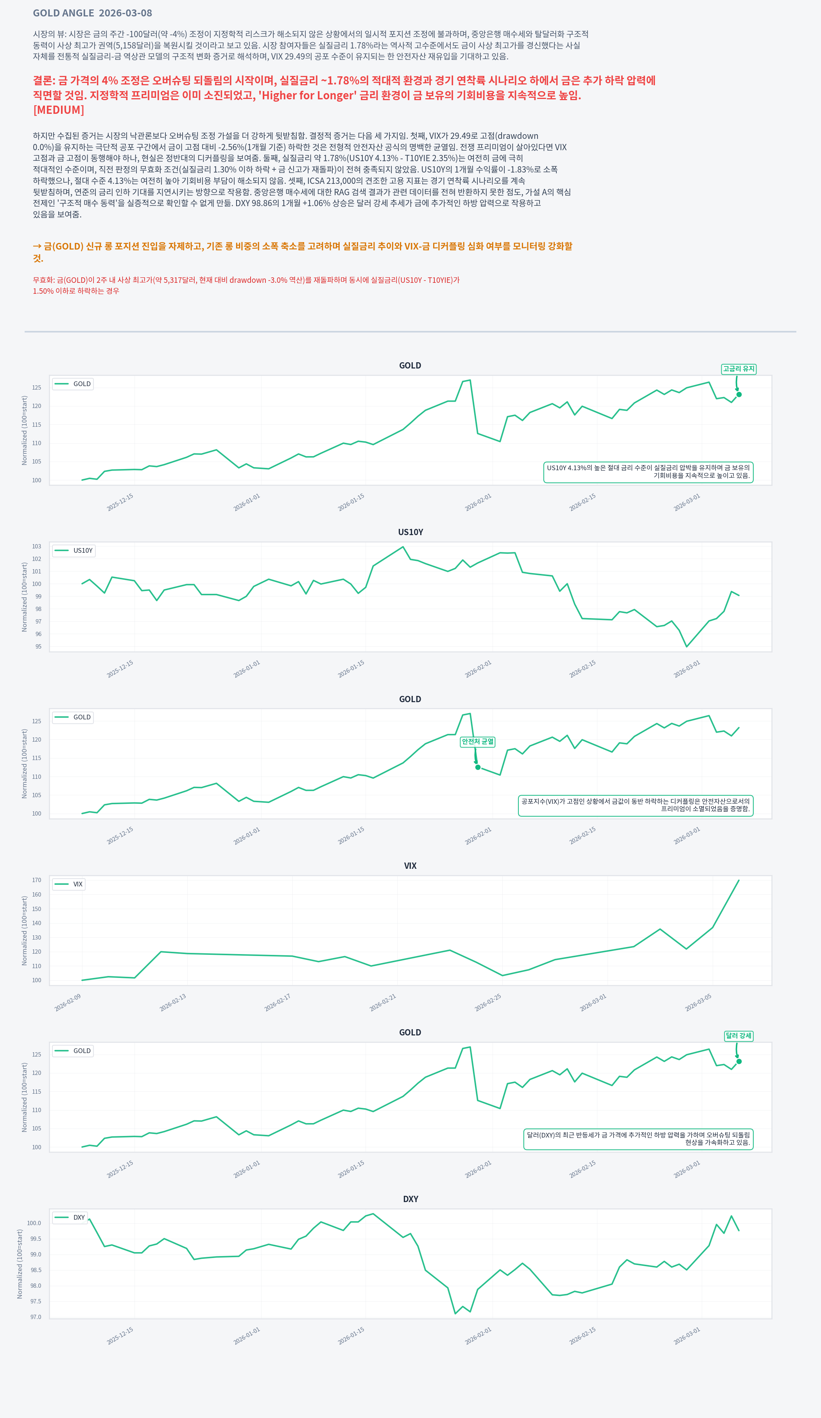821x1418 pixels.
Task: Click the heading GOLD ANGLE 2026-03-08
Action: [92, 13]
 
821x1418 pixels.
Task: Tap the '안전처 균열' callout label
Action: [477, 742]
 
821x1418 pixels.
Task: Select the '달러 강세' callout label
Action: [739, 1036]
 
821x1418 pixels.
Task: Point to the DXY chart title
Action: [410, 1199]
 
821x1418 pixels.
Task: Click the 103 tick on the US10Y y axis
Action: [36, 546]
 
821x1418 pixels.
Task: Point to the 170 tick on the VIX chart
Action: [36, 880]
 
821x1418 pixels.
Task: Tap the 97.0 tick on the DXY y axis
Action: [36, 1317]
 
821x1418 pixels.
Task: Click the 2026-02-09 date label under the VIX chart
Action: [68, 1003]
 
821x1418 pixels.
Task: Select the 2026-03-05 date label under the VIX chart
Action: [698, 1003]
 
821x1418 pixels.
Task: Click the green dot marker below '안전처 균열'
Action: [478, 767]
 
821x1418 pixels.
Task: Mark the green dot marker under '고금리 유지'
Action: [739, 394]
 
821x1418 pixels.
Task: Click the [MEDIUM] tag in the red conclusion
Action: [59, 110]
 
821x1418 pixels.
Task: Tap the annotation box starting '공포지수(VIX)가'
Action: [635, 805]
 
